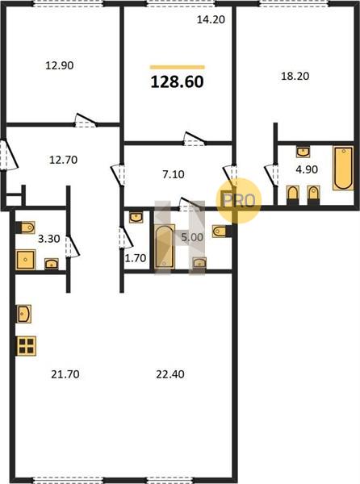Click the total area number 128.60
point(178,82)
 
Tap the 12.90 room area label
point(60,65)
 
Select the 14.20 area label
point(211,19)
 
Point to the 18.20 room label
point(295,76)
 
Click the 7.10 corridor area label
point(174,174)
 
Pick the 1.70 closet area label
point(136,258)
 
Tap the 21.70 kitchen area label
point(65,374)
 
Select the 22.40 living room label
point(170,374)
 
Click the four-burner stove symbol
point(26,346)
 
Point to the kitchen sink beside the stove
point(23,314)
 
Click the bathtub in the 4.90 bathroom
point(343,169)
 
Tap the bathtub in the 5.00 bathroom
point(164,247)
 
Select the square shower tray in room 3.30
point(25,260)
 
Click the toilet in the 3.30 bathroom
point(26,227)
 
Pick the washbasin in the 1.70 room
point(136,217)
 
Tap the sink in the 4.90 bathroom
point(303,152)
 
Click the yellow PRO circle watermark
point(239,201)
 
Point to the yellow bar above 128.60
point(178,67)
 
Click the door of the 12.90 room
point(86,120)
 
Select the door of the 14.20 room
point(195,139)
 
